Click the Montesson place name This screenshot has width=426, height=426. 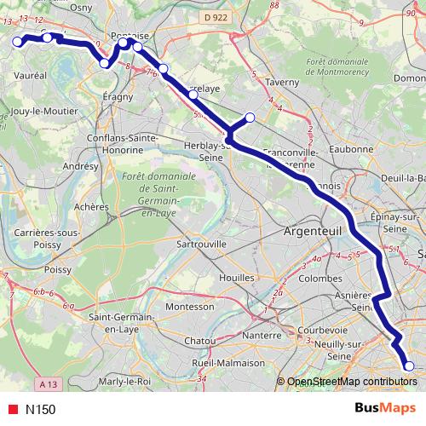point(189,306)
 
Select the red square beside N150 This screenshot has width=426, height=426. point(11,409)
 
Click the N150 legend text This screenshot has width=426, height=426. point(40,409)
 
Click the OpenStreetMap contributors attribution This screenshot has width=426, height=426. point(351,382)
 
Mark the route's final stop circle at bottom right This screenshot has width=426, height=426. point(408,366)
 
